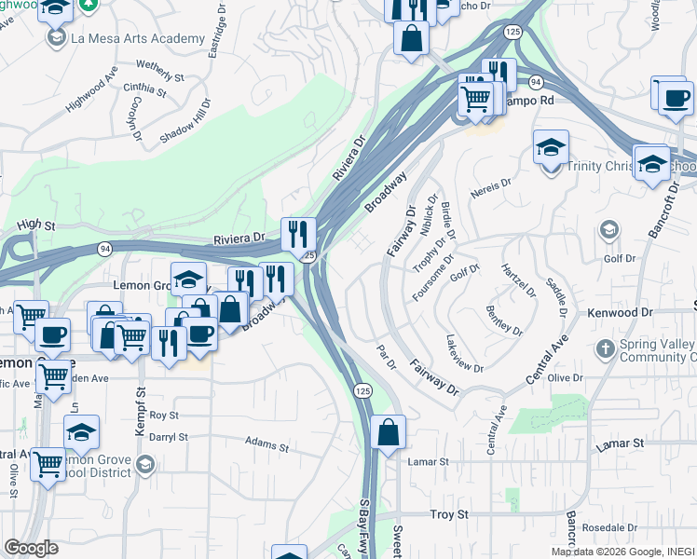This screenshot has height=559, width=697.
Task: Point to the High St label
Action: coord(37,225)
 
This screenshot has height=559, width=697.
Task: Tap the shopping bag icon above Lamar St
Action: coord(388,432)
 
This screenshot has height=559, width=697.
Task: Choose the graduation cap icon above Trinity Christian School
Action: coord(551,146)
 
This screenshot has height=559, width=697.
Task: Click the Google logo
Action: coord(31,547)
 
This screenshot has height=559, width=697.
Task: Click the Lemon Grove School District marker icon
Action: coord(144,463)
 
